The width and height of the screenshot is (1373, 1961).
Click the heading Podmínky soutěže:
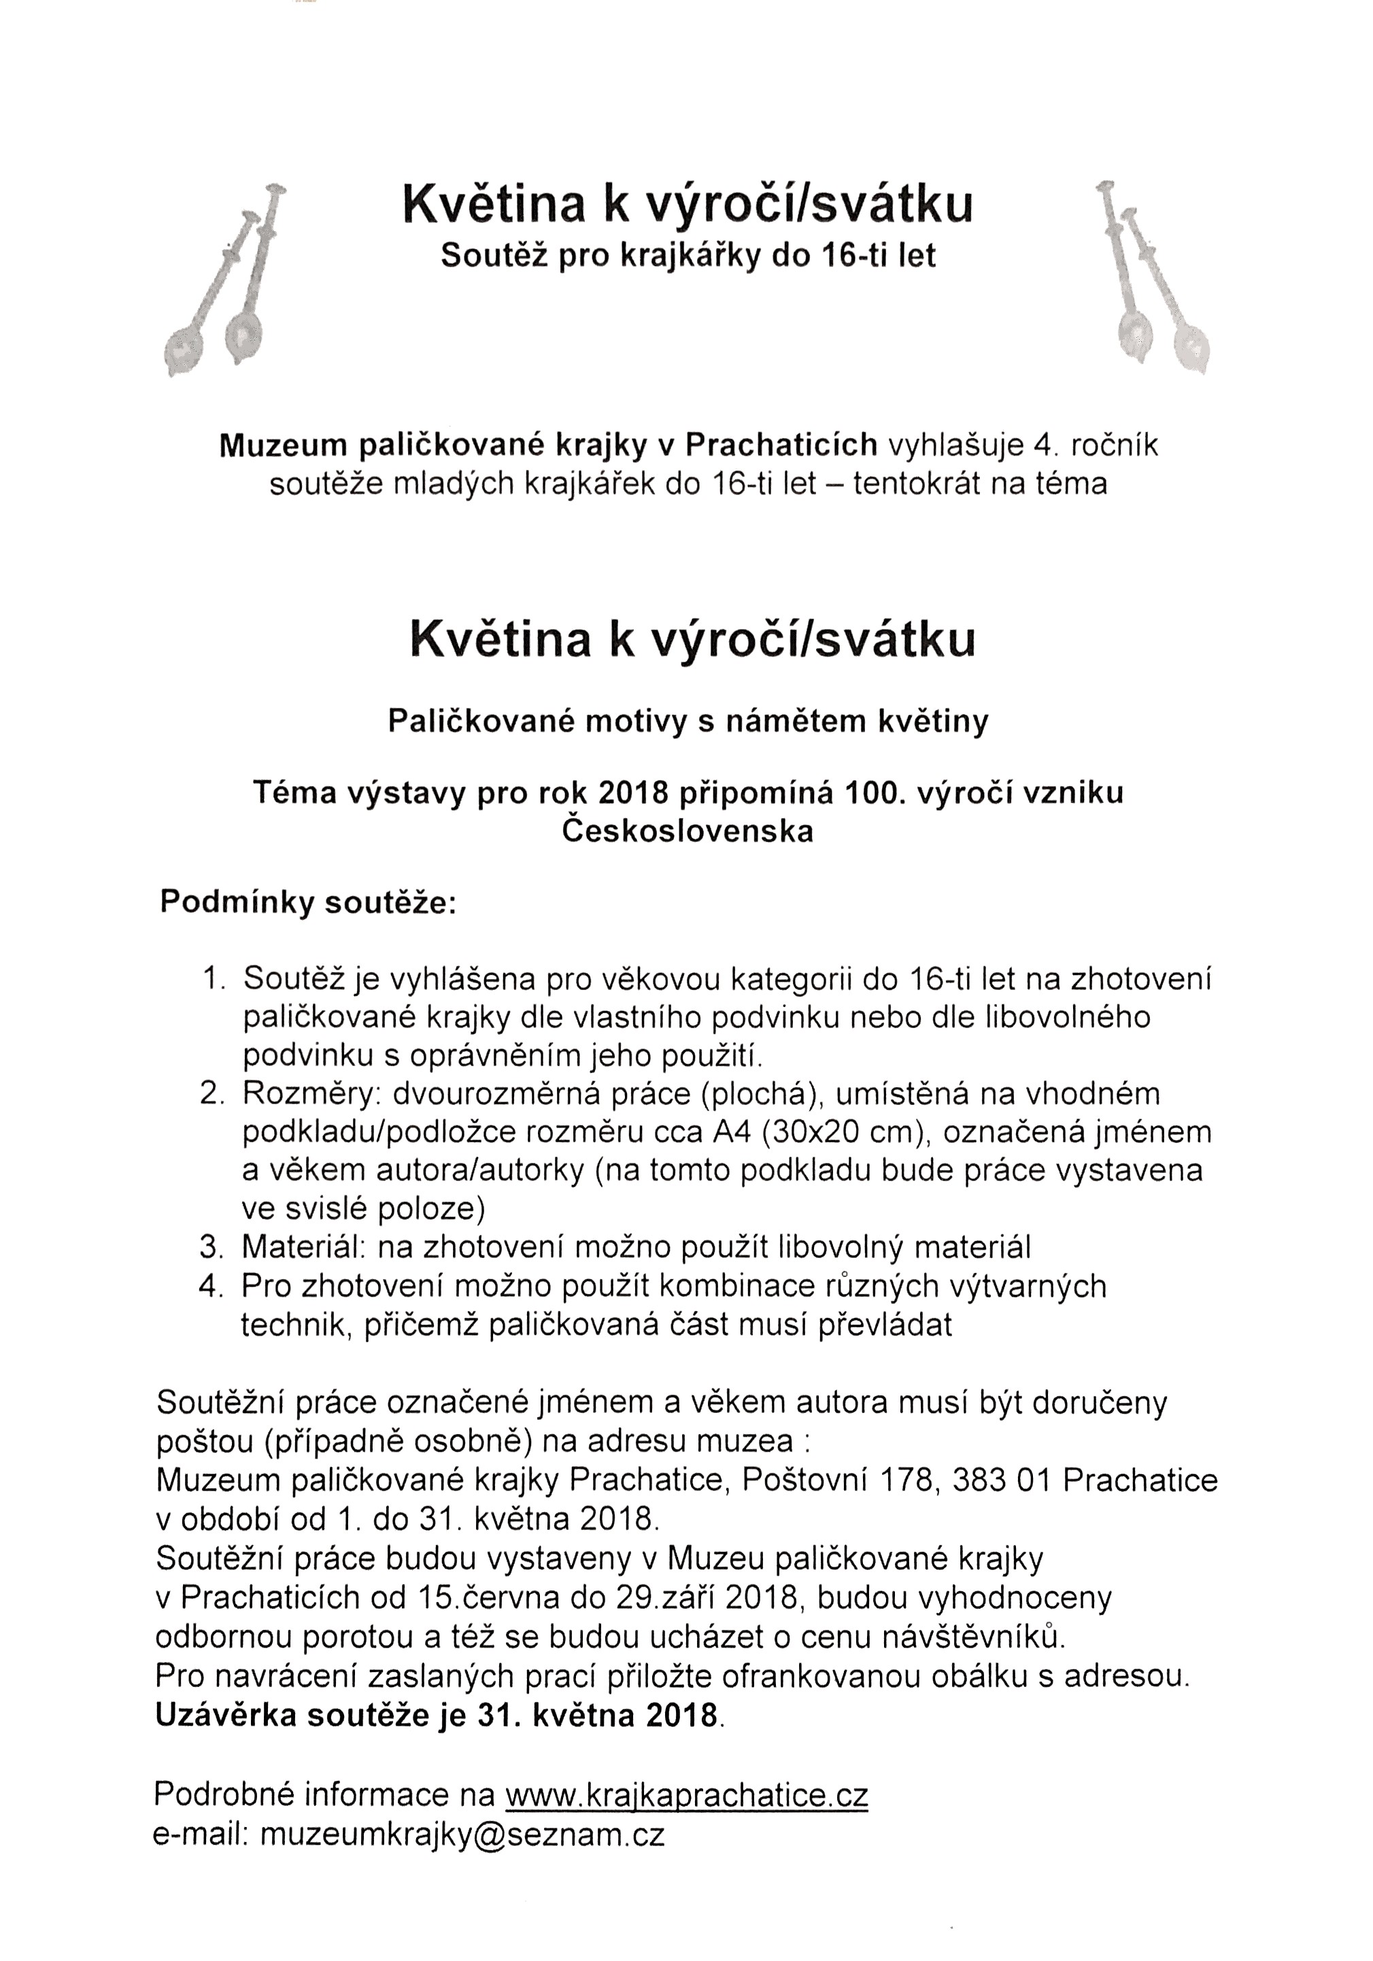pyautogui.click(x=307, y=903)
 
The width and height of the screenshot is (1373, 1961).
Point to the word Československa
pyautogui.click(x=687, y=831)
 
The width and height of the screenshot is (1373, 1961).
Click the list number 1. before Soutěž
pyautogui.click(x=214, y=978)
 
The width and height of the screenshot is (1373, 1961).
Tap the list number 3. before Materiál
pyautogui.click(x=212, y=1247)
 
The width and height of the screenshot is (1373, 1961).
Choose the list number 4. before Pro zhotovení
pyautogui.click(x=212, y=1285)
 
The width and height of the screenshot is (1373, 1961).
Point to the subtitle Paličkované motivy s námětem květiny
pyautogui.click(x=687, y=721)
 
